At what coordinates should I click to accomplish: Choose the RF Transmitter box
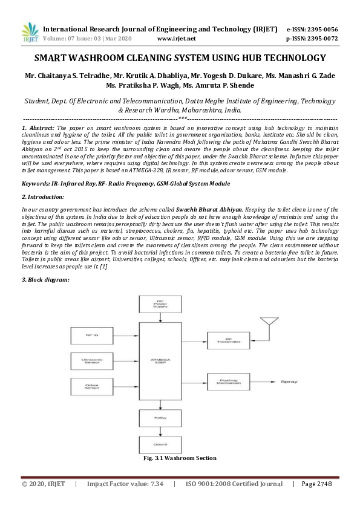228,341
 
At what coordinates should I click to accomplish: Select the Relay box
157,417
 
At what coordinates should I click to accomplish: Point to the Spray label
287,383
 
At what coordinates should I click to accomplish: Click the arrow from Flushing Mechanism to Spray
261,383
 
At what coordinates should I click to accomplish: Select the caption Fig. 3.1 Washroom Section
180,458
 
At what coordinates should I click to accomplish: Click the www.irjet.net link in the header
176,38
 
